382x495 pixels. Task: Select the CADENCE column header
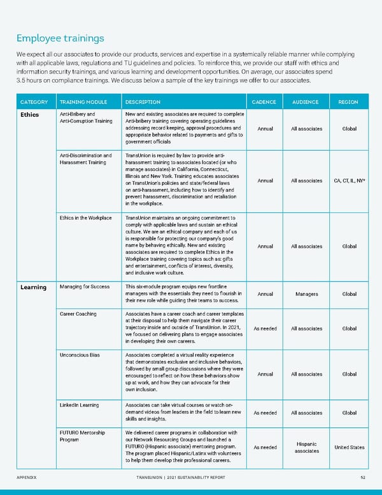coord(264,102)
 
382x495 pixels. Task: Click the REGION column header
coord(349,102)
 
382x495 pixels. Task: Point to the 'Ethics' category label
coord(29,115)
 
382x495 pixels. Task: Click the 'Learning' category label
coord(32,287)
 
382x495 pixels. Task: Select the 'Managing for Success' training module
coord(84,286)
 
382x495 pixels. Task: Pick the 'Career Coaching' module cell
coord(79,314)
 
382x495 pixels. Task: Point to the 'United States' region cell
coord(349,447)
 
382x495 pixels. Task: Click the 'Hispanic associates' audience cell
coord(306,447)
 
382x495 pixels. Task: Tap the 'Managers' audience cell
coord(306,295)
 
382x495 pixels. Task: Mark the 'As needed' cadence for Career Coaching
coord(264,329)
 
